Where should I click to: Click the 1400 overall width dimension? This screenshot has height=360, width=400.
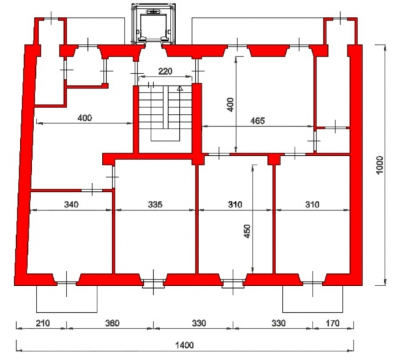185,345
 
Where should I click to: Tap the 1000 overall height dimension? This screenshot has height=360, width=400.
380,165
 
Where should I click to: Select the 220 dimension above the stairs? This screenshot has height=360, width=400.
165,71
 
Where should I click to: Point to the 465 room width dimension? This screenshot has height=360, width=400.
257,121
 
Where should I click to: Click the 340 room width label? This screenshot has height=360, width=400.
71,205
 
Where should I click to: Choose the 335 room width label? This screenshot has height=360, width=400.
155,205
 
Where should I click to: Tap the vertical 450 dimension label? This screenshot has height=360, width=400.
247,231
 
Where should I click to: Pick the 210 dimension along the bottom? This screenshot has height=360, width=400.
43,323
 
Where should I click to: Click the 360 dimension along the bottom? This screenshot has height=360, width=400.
112,323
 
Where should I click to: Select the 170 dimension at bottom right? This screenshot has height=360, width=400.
333,323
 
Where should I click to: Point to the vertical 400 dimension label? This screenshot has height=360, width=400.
231,105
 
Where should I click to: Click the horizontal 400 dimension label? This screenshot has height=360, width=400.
85,118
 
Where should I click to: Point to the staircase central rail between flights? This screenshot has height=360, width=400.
166,107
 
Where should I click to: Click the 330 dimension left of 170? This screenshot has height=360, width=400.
278,323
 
